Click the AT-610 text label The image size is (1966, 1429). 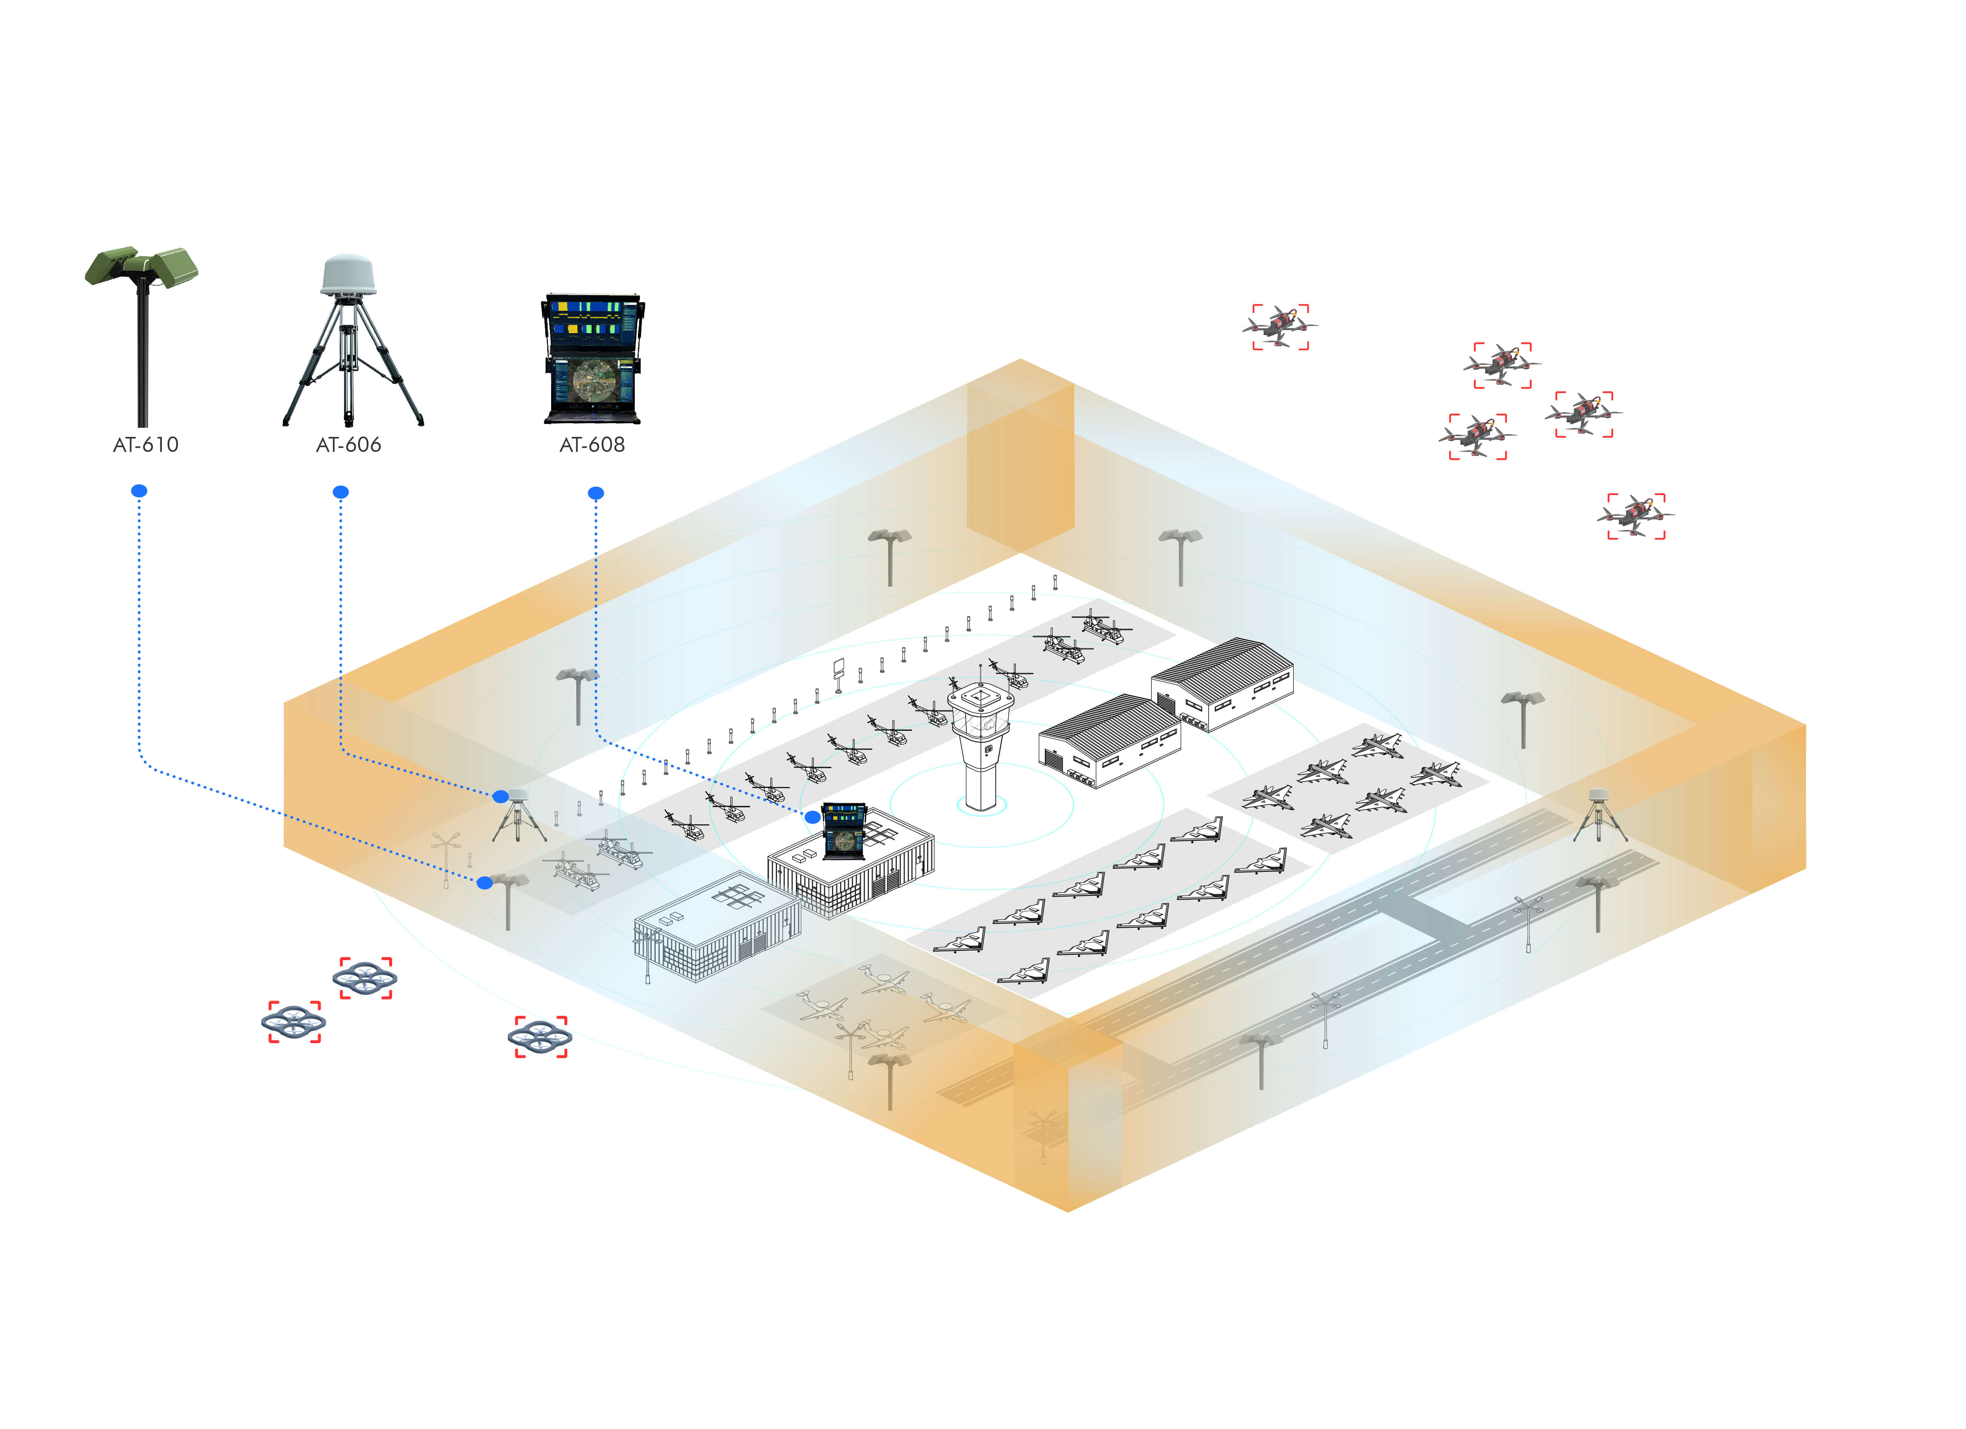point(146,445)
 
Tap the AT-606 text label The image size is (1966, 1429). point(348,445)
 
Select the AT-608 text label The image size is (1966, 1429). point(592,445)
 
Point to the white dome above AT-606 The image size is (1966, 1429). point(348,275)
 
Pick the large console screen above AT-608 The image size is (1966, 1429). point(593,357)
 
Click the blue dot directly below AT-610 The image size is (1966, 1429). point(139,491)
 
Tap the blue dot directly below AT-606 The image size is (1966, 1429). point(341,492)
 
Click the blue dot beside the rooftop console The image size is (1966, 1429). point(812,817)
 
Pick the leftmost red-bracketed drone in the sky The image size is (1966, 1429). point(1279,327)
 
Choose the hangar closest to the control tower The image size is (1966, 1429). point(1110,740)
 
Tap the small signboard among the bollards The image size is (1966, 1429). point(838,668)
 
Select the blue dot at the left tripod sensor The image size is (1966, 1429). point(500,796)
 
